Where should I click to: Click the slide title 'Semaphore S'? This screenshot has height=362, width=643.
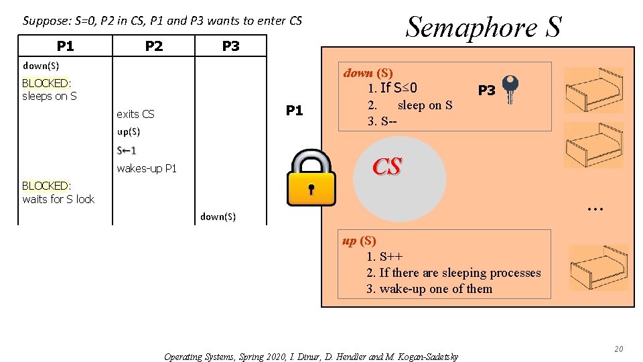click(x=484, y=27)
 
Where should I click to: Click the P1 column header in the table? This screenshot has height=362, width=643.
click(x=65, y=46)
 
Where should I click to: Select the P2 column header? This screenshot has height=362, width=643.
click(x=154, y=46)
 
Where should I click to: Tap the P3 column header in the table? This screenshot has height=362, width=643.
click(x=230, y=46)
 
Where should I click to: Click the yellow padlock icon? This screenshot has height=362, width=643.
click(x=310, y=178)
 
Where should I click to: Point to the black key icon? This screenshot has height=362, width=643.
click(x=510, y=88)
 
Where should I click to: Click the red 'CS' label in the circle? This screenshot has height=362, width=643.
click(x=387, y=167)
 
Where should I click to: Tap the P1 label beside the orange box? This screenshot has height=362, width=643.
click(x=294, y=111)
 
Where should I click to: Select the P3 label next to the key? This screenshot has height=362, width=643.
click(x=486, y=90)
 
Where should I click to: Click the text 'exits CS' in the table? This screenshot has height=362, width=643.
click(x=135, y=114)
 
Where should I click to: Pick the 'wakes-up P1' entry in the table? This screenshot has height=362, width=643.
click(x=147, y=168)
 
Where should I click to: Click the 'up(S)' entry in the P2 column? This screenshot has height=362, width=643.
click(x=128, y=131)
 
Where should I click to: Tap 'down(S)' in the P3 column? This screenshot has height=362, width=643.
click(x=218, y=217)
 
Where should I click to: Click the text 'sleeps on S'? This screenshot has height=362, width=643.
click(x=50, y=96)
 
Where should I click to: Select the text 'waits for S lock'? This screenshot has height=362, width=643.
click(x=58, y=199)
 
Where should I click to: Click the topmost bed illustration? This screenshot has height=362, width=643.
click(x=593, y=90)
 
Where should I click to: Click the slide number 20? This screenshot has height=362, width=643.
click(x=618, y=349)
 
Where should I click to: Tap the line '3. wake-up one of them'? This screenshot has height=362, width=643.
click(x=429, y=289)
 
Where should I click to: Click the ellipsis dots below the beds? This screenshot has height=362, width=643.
click(x=594, y=209)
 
